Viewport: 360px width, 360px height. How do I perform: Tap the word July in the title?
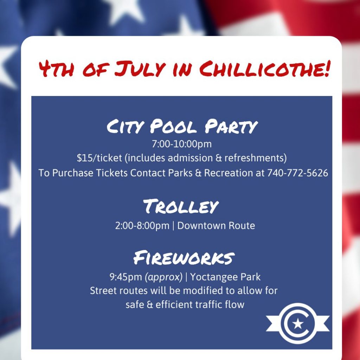[140, 69]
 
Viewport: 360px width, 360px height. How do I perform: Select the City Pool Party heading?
[182, 126]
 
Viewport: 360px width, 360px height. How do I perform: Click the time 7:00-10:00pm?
[182, 144]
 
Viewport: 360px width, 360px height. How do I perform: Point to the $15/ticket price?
[99, 158]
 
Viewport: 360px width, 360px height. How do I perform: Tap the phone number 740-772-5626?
[297, 173]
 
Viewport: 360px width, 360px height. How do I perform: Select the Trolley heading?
[181, 206]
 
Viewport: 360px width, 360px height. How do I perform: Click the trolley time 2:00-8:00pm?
[142, 226]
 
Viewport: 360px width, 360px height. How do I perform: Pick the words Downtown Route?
[216, 226]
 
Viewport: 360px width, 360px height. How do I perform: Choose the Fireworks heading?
[184, 257]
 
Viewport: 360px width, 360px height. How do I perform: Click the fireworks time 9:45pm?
[126, 277]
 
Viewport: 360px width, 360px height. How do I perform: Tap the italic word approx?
[163, 277]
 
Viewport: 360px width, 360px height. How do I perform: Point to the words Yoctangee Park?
[225, 277]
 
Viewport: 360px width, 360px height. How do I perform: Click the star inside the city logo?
[298, 324]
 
